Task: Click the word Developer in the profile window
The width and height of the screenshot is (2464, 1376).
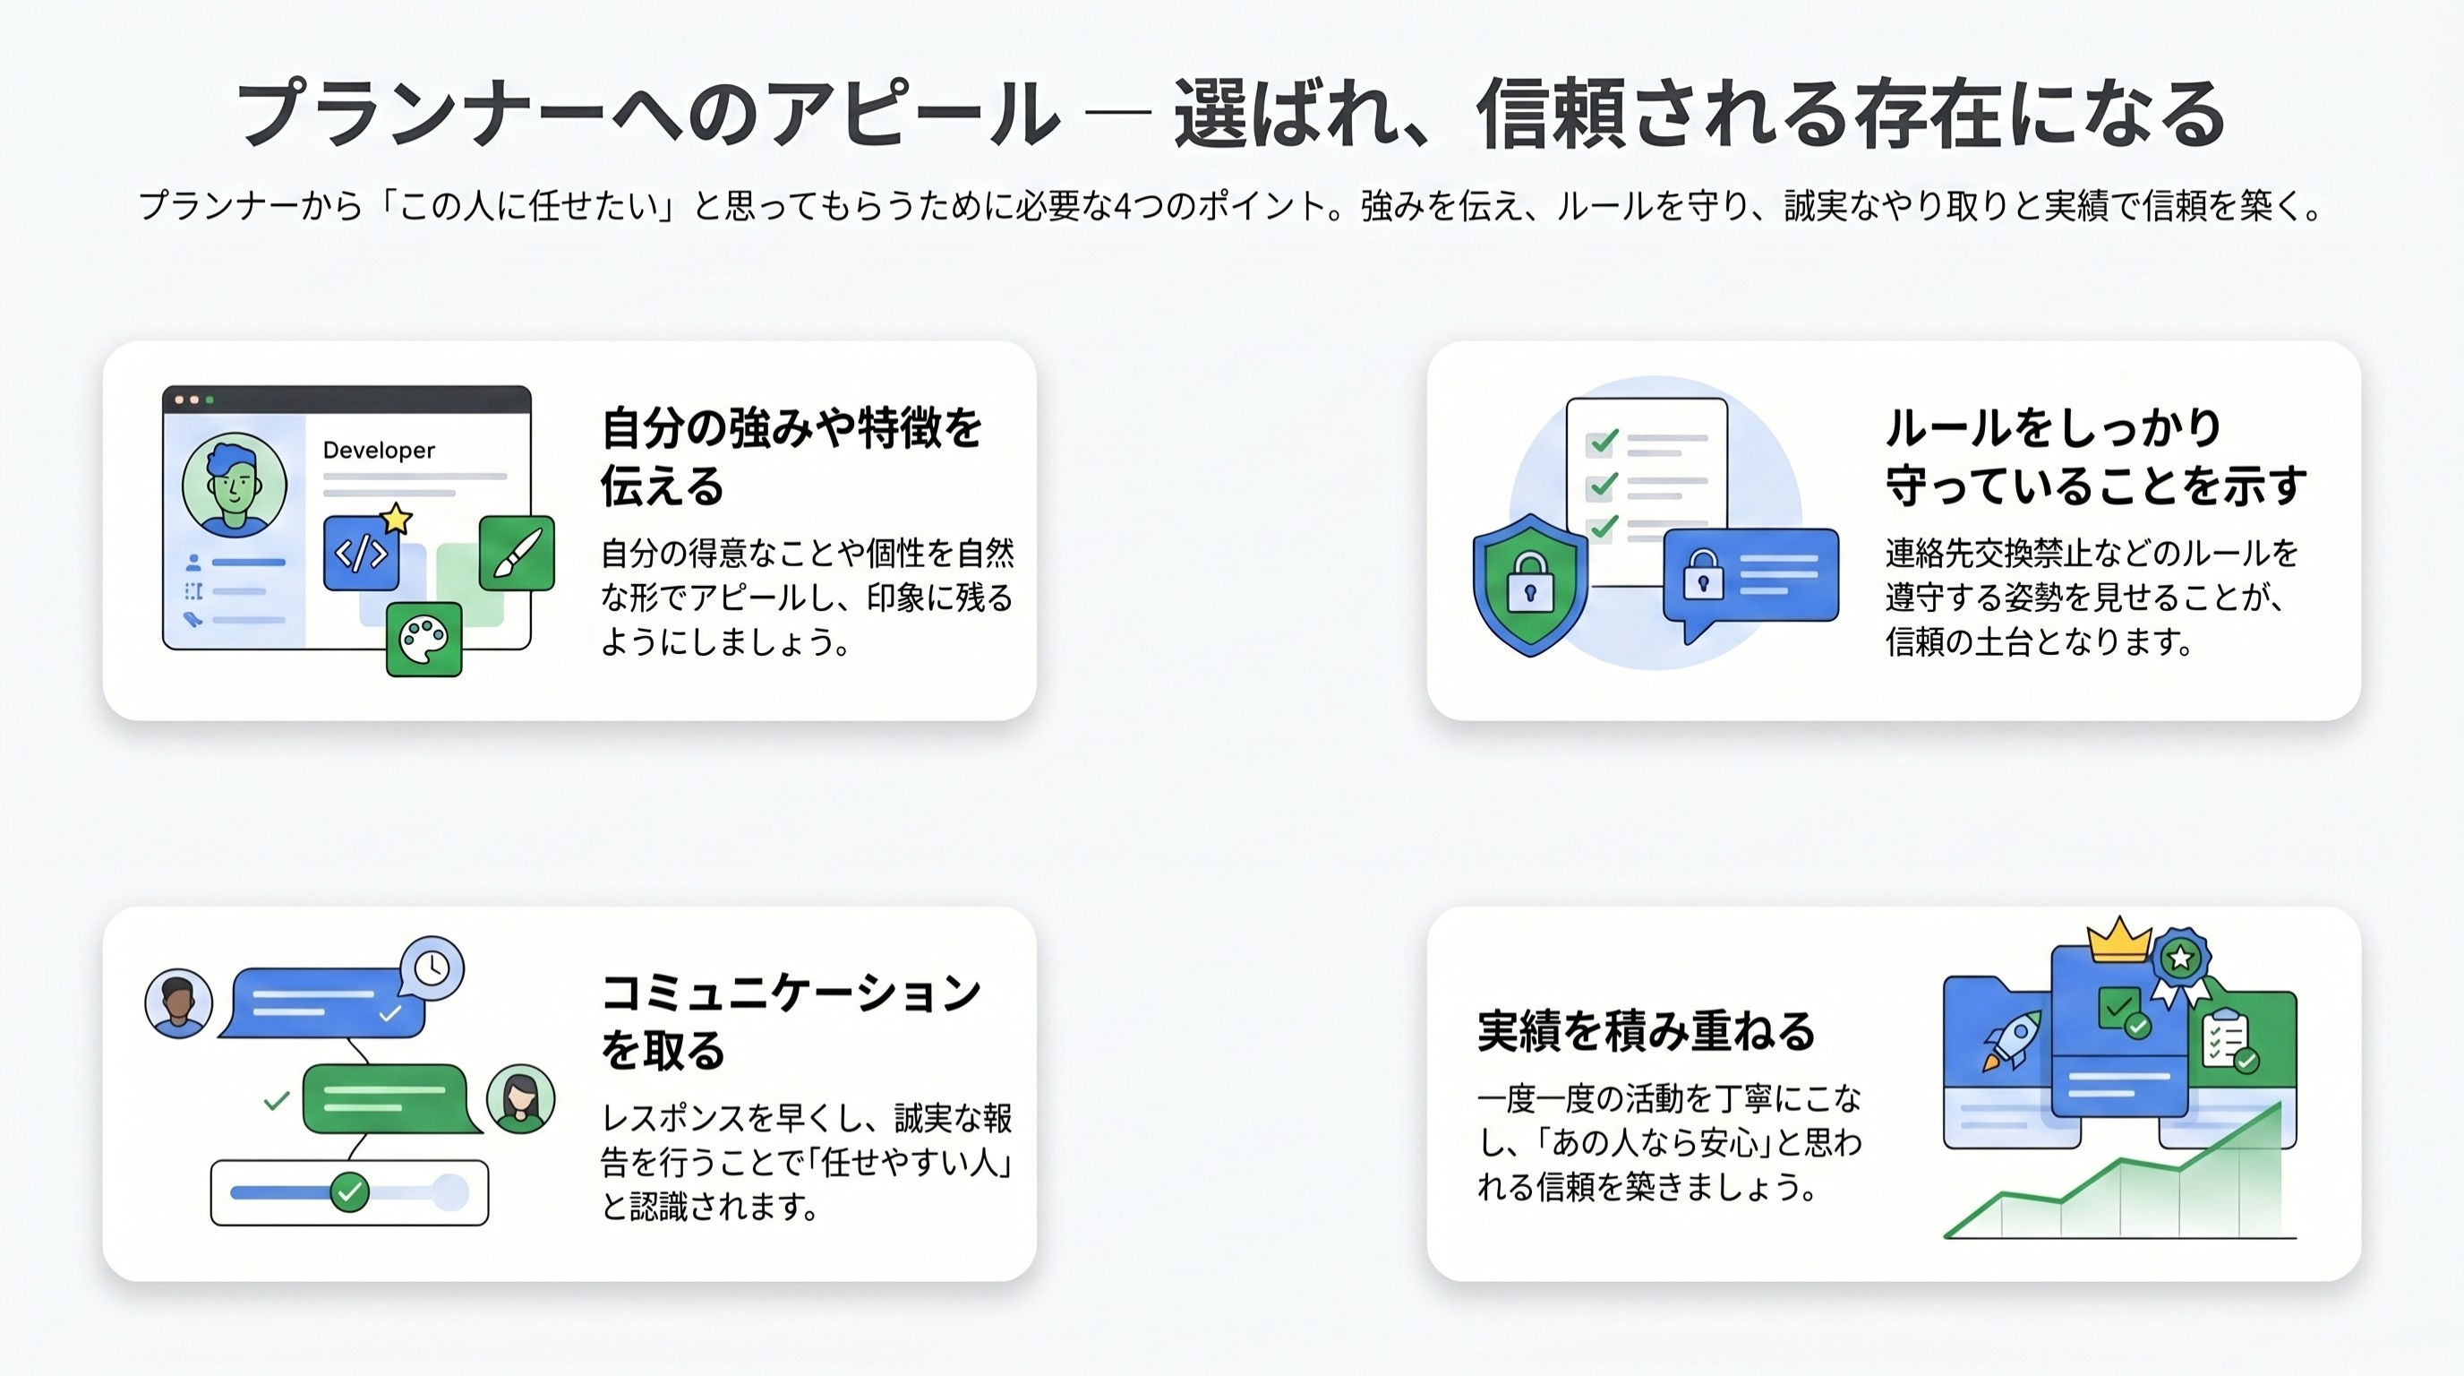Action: pyautogui.click(x=379, y=450)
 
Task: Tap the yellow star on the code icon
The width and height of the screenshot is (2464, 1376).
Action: pyautogui.click(x=396, y=520)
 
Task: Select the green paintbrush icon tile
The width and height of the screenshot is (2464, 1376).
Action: pyautogui.click(x=517, y=553)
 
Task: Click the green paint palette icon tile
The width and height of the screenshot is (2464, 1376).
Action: pyautogui.click(x=423, y=640)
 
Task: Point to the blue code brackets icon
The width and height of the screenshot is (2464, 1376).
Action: pyautogui.click(x=361, y=553)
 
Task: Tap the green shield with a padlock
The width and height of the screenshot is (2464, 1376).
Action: pyautogui.click(x=1529, y=585)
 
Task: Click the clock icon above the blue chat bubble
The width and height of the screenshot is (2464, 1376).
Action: pyautogui.click(x=432, y=967)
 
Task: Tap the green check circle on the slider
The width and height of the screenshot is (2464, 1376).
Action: pyautogui.click(x=349, y=1192)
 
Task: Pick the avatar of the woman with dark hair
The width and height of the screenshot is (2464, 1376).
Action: pyautogui.click(x=520, y=1098)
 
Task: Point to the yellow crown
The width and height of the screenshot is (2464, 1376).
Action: pyautogui.click(x=2118, y=940)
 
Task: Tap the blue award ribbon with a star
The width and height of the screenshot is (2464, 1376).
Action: pyautogui.click(x=2181, y=959)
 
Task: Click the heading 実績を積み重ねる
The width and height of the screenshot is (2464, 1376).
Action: pyautogui.click(x=1646, y=1031)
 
